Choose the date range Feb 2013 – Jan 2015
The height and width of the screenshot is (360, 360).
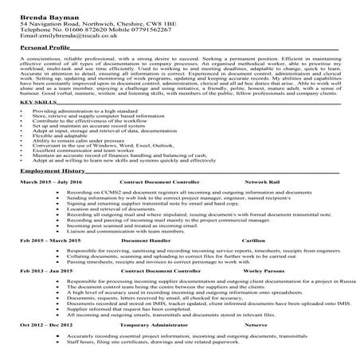[x=46, y=293]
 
